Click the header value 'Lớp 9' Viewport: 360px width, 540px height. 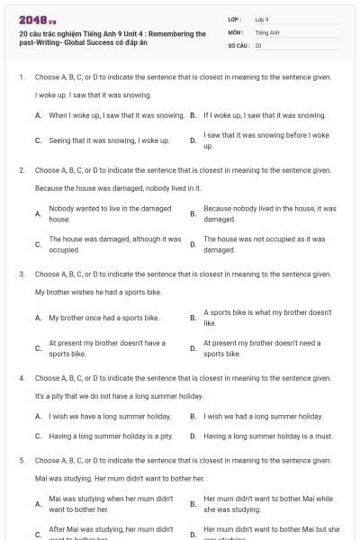(262, 19)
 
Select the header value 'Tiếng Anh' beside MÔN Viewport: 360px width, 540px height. (267, 31)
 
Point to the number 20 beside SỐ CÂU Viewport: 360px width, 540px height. (258, 44)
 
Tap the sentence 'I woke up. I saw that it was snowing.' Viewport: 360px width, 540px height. (93, 94)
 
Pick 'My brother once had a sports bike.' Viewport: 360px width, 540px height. (104, 318)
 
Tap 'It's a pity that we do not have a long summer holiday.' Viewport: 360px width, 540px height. (119, 396)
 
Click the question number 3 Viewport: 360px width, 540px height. (21, 273)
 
